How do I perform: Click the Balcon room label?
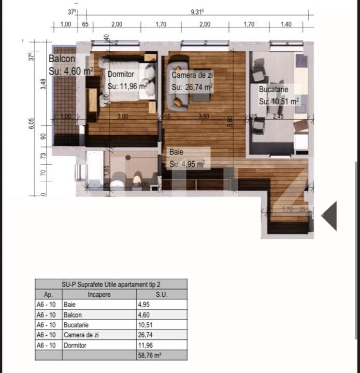pyautogui.click(x=62, y=59)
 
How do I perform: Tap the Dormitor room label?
pyautogui.click(x=121, y=75)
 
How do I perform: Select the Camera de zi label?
pyautogui.click(x=192, y=75)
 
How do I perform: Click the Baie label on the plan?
pyautogui.click(x=176, y=153)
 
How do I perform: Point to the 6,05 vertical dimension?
pyautogui.click(x=32, y=123)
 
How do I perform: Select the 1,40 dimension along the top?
pyautogui.click(x=285, y=24)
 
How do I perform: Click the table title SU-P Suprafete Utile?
pyautogui.click(x=111, y=284)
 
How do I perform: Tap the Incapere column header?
pyautogui.click(x=99, y=294)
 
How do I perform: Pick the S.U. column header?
pyautogui.click(x=161, y=294)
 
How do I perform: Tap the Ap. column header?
pyautogui.click(x=49, y=294)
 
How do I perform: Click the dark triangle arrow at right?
pyautogui.click(x=330, y=216)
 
